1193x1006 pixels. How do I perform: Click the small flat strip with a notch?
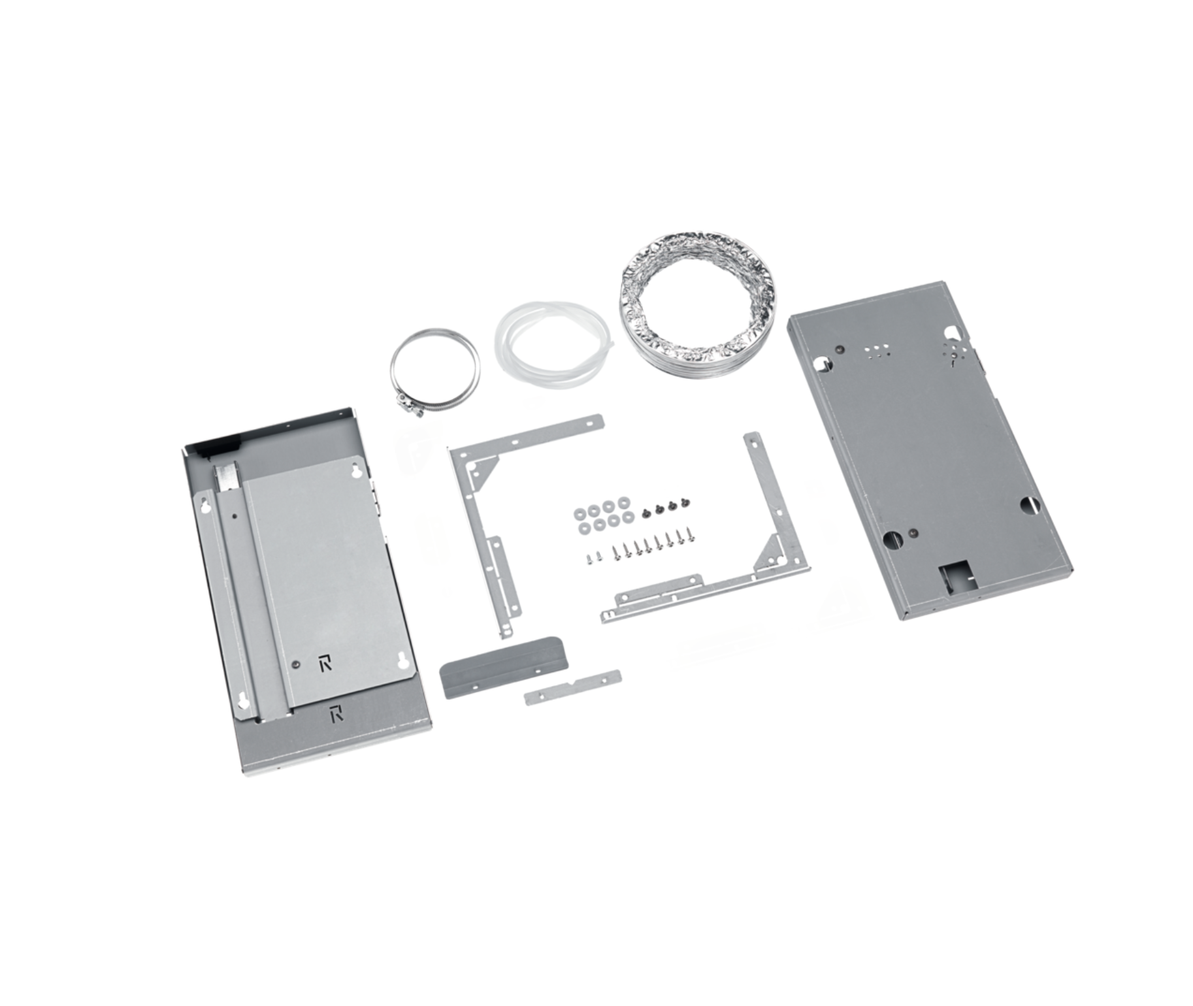[572, 687]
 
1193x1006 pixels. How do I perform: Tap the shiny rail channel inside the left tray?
[230, 483]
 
